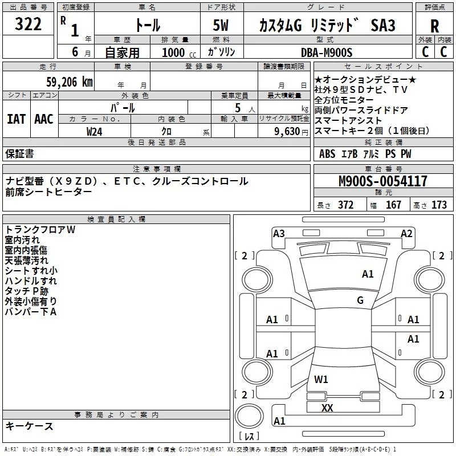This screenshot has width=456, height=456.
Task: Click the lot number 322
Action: tap(28, 25)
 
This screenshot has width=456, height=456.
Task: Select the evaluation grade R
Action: tap(435, 26)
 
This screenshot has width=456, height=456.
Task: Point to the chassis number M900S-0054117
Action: tap(382, 182)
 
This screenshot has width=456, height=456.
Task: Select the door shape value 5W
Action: tap(221, 26)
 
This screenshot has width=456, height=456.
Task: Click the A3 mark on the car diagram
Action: tap(279, 233)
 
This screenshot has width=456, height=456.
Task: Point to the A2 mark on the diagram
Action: tap(406, 233)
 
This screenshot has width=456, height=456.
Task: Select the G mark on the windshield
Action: tap(360, 300)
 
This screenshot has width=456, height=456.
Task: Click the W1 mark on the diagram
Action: tap(321, 379)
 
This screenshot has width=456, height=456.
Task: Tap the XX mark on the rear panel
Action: tap(327, 408)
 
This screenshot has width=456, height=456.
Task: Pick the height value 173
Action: tap(439, 205)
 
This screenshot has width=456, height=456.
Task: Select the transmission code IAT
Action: tap(17, 119)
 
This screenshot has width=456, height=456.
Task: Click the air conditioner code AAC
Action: tap(44, 119)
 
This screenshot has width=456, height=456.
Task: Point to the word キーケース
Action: tap(30, 426)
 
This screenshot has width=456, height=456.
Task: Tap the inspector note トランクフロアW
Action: tap(40, 230)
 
